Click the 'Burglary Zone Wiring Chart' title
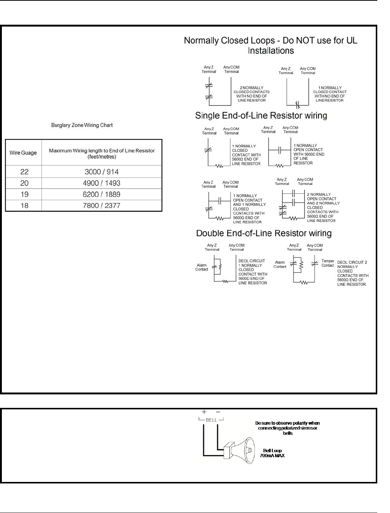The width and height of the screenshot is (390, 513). [82, 125]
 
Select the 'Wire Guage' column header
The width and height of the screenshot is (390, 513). [23, 153]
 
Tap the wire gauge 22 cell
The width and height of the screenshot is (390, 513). [24, 172]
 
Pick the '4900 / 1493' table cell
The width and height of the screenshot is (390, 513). [101, 183]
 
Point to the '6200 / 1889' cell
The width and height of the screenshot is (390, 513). [101, 194]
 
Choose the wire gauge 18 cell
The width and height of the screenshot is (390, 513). [24, 205]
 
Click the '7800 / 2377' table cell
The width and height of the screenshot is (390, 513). [101, 205]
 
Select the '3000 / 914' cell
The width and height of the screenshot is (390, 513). [101, 172]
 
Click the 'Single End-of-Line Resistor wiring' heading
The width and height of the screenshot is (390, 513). [261, 115]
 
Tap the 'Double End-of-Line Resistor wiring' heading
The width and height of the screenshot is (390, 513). [264, 233]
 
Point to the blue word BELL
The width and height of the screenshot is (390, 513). [211, 420]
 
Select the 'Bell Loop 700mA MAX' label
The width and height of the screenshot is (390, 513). [272, 453]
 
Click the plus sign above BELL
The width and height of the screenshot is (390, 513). [204, 412]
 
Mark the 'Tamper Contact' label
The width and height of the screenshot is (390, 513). [327, 263]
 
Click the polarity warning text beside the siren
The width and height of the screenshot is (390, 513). [287, 428]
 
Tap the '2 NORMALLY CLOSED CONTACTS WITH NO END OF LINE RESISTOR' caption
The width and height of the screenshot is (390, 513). [252, 94]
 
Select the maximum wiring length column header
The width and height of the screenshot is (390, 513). [102, 153]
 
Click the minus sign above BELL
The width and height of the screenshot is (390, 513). [218, 412]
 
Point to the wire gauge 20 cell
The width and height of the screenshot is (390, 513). [24, 183]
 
